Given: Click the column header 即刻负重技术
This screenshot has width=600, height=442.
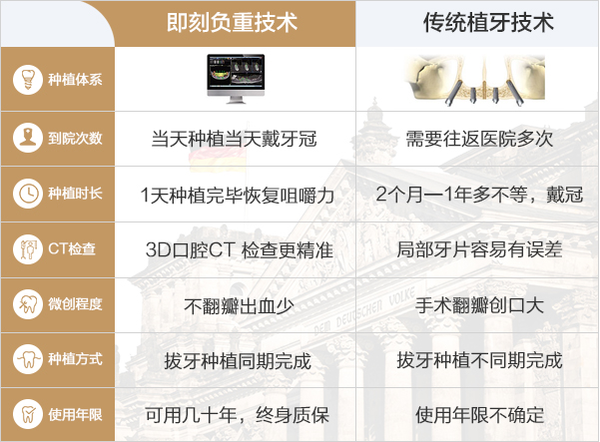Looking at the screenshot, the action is [232, 22].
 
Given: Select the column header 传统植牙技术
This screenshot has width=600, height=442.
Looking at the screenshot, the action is [488, 22].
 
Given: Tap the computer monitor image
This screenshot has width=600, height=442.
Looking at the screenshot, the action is [236, 79].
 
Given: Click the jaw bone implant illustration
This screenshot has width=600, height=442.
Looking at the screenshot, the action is [474, 80].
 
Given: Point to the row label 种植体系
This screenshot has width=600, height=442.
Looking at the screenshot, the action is [75, 80].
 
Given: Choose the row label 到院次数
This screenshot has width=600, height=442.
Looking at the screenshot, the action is [75, 138].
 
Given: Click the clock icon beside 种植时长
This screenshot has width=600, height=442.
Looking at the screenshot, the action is [28, 194].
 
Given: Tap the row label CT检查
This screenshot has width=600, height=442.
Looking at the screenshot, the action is [72, 248].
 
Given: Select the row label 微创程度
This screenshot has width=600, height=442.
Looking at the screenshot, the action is [75, 304].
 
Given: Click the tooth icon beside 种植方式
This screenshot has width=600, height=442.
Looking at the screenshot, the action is [28, 359].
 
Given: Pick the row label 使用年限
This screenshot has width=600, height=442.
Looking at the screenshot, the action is [75, 414].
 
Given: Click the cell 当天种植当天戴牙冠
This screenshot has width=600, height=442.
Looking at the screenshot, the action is [235, 139].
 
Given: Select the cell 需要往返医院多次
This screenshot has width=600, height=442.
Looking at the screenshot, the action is [479, 139].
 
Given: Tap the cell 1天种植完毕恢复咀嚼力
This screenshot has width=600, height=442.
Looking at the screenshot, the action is [238, 195].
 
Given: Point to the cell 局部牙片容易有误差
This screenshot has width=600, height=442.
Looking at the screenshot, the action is [479, 249].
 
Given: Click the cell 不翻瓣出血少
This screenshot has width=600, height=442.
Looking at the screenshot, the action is [239, 306].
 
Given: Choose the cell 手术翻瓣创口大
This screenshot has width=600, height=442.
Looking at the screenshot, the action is [479, 305].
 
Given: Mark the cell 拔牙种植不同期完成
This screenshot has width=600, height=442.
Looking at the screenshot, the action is [479, 360].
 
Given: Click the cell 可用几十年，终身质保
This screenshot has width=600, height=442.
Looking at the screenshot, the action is [238, 415].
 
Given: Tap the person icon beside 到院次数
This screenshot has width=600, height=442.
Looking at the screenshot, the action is [28, 138].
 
